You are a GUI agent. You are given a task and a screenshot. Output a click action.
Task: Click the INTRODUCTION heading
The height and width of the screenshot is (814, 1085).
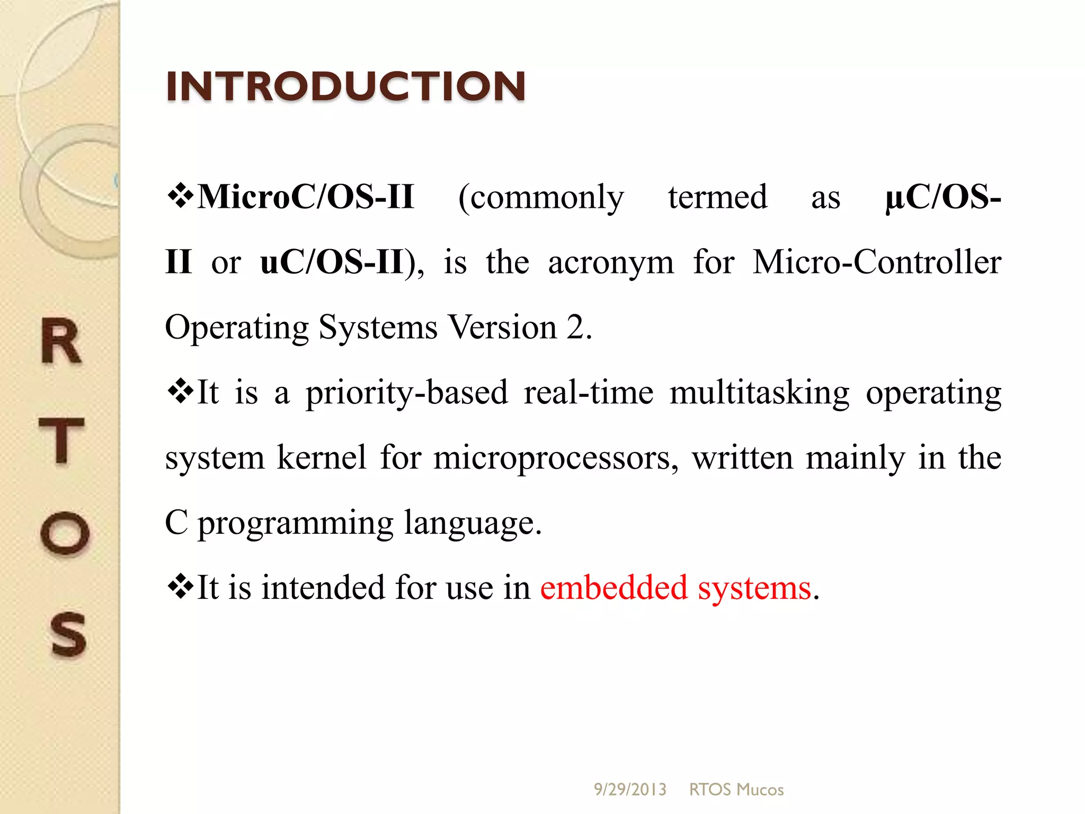tap(345, 86)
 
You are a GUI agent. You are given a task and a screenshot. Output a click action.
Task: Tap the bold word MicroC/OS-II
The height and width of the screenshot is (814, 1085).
tap(306, 197)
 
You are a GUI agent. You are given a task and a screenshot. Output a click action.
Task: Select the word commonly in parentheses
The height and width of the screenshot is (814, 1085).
tap(541, 198)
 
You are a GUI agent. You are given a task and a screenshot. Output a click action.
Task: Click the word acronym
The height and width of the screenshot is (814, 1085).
tap(611, 263)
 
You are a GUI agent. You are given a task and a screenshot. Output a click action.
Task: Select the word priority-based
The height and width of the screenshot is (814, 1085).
tap(407, 393)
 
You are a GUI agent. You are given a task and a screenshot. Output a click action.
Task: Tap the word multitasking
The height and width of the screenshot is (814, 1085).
tap(759, 393)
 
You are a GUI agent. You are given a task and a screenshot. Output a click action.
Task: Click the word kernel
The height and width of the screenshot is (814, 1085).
tap(322, 457)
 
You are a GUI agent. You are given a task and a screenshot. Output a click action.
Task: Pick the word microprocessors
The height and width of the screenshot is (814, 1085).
tap(555, 458)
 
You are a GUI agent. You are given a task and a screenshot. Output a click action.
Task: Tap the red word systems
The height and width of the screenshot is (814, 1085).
tap(754, 589)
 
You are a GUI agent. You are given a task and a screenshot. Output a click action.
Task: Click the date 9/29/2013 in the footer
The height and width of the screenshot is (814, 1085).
tap(630, 790)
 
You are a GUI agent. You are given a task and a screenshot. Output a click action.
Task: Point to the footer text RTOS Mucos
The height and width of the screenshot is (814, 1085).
tap(736, 790)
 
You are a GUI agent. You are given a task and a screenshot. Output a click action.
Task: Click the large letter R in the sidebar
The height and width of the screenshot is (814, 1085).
tap(61, 342)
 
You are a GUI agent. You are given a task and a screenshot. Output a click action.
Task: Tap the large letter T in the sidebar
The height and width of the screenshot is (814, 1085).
tap(62, 440)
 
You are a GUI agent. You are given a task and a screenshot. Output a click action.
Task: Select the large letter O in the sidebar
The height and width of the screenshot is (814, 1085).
tap(65, 533)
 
